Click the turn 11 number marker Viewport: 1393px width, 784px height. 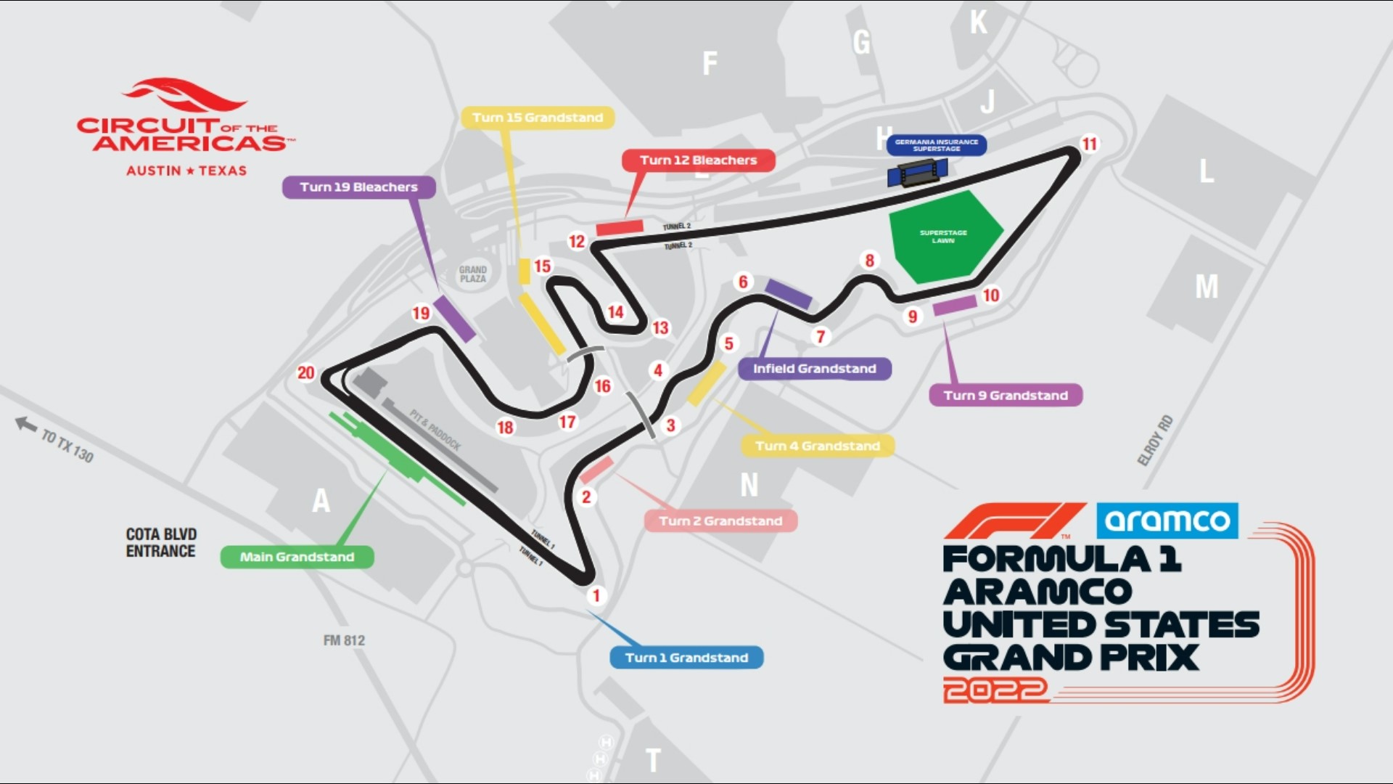[x=1089, y=144]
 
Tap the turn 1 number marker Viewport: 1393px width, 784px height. [x=596, y=596]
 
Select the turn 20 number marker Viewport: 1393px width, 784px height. [x=306, y=373]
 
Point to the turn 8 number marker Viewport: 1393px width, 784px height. [x=869, y=260]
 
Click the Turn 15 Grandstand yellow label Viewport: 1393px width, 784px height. [x=538, y=118]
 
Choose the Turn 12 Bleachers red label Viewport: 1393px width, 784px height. [x=698, y=160]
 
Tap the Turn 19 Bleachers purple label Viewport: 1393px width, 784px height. [x=358, y=187]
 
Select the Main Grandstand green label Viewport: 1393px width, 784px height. [x=297, y=557]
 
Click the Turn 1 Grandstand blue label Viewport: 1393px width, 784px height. [x=686, y=658]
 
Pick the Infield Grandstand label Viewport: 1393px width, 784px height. [x=814, y=369]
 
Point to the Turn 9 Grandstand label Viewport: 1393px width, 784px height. [x=1006, y=396]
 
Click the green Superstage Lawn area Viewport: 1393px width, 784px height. [x=943, y=237]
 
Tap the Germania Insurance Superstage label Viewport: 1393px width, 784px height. [x=936, y=145]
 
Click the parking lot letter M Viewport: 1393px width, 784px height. [x=1207, y=287]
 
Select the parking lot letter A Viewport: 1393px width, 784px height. [x=321, y=501]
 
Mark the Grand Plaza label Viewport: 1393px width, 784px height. [x=472, y=274]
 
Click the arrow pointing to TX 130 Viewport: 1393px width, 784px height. [x=27, y=424]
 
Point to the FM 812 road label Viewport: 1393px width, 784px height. [x=344, y=640]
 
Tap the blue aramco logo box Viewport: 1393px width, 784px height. [x=1167, y=520]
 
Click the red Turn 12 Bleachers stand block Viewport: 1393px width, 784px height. [x=620, y=227]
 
